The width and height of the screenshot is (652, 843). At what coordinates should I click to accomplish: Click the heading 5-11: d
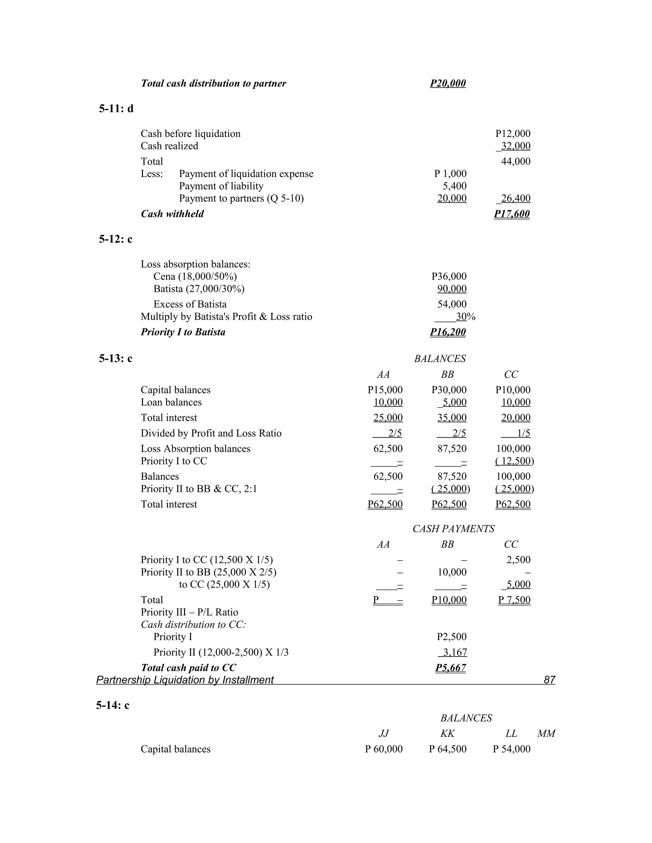116,109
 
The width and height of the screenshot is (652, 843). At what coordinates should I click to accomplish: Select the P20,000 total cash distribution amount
448,83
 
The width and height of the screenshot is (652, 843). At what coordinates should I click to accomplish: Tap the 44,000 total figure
515,161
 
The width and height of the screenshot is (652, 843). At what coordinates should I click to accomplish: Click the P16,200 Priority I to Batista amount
448,332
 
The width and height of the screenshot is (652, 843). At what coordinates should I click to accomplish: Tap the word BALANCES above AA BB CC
440,359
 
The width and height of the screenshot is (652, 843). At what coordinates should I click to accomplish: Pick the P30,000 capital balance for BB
449,390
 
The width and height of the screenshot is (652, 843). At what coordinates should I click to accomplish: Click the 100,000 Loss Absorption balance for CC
513,449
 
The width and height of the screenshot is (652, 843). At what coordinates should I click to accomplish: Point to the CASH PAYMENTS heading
453,529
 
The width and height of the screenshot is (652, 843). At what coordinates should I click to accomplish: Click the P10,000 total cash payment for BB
449,600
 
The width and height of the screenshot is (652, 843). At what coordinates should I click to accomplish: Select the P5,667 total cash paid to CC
450,668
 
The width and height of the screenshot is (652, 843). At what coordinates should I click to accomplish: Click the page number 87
549,680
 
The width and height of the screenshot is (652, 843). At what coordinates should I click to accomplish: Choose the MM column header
546,733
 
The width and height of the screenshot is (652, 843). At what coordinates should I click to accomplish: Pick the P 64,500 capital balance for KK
447,749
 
